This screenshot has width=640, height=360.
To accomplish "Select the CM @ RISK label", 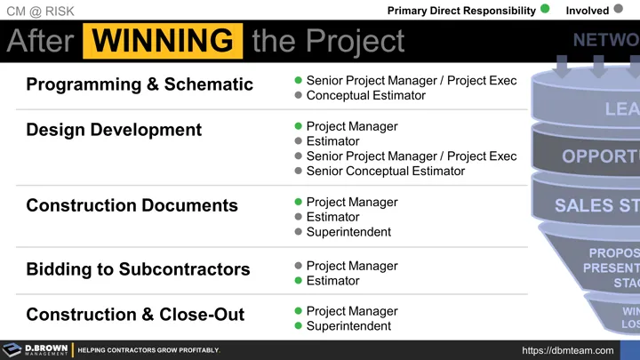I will [x=41, y=11].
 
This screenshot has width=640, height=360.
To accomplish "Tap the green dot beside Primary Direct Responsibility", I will [x=545, y=11].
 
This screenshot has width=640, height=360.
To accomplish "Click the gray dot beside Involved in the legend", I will [x=619, y=11].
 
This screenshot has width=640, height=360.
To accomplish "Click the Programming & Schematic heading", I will [x=140, y=84].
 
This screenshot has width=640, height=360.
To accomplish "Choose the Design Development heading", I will [x=114, y=130].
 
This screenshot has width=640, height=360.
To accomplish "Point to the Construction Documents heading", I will [x=132, y=205].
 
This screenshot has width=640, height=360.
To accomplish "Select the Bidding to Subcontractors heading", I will [x=138, y=269].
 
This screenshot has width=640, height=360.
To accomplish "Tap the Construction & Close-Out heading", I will [x=135, y=315].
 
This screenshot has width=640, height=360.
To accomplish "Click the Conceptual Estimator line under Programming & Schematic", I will [x=365, y=95].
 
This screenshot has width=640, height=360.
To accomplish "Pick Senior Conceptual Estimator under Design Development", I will [x=385, y=171].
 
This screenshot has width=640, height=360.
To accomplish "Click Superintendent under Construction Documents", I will [x=348, y=232].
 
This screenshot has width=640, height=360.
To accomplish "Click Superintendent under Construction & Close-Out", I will [x=348, y=326].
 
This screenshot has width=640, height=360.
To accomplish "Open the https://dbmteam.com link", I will [x=567, y=350].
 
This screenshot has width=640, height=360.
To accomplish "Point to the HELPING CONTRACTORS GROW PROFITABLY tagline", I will [x=148, y=350].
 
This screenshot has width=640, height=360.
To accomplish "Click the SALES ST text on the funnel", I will [x=596, y=205].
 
